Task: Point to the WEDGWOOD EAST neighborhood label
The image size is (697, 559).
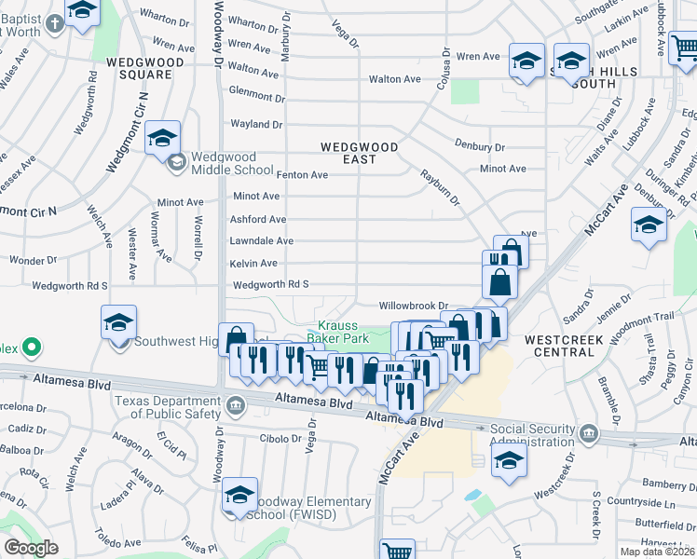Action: [360, 153]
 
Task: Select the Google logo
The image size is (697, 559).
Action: [30, 548]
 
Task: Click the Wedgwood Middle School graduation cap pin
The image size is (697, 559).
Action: [162, 140]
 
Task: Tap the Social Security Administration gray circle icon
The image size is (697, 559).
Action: [590, 434]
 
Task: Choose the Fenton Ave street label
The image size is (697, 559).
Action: [303, 174]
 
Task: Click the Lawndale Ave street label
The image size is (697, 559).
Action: [262, 241]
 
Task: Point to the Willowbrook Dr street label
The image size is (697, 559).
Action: [414, 306]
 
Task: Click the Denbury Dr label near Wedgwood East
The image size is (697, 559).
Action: [480, 146]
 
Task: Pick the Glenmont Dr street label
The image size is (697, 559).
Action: [256, 97]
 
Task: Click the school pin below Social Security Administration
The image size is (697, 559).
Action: [509, 460]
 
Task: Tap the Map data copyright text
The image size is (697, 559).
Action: [656, 552]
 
